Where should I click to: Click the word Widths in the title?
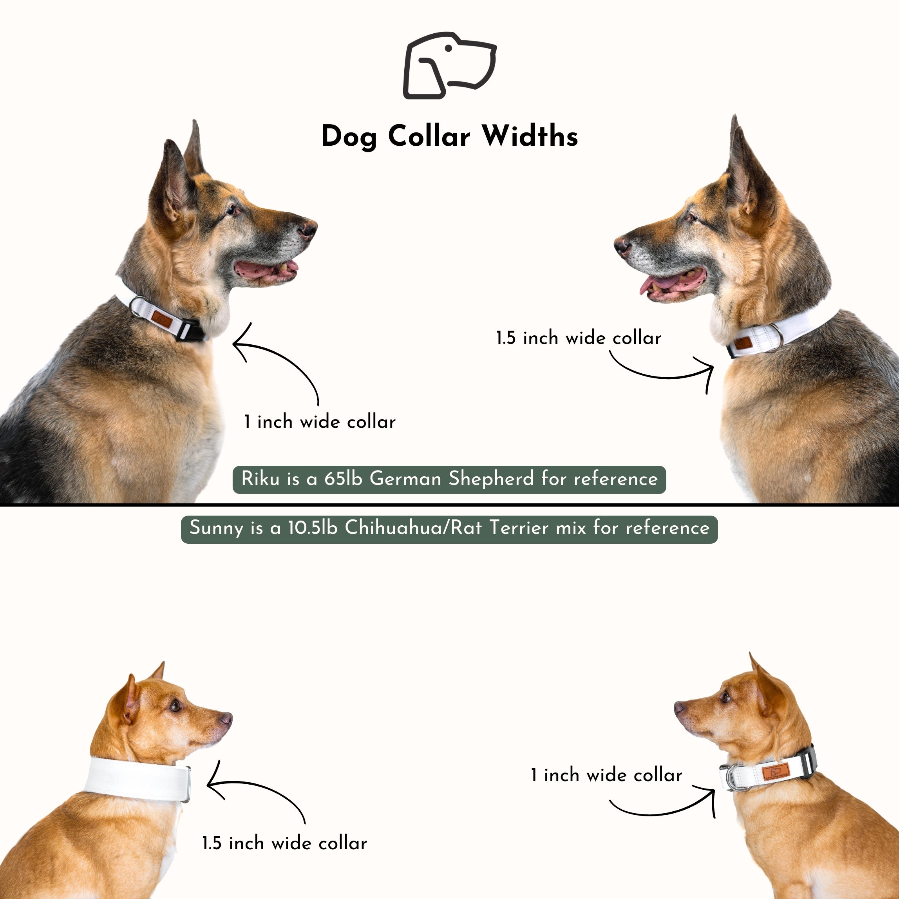click(x=530, y=136)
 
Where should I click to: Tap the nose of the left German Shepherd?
click(x=308, y=228)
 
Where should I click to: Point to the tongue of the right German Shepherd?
click(x=661, y=282)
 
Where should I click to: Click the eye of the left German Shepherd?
click(x=231, y=210)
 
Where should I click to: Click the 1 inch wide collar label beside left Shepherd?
click(x=320, y=421)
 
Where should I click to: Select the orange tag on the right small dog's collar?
click(x=775, y=772)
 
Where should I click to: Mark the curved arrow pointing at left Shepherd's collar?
click(x=279, y=363)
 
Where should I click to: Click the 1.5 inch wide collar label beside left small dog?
click(x=284, y=843)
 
